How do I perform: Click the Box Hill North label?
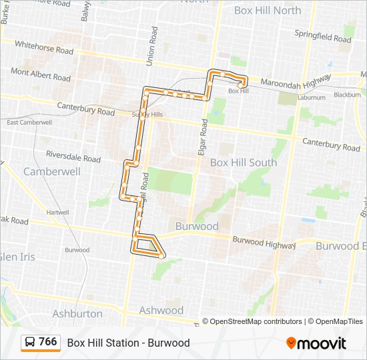[x=267, y=10]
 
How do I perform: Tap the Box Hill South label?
[x=244, y=163]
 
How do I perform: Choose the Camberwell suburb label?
[x=52, y=171]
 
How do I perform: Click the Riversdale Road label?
[x=73, y=157]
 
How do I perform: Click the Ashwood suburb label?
[x=161, y=310]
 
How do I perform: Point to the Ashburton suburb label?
[x=77, y=313]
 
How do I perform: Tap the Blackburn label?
[x=347, y=95]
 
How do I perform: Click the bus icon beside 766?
[x=30, y=343]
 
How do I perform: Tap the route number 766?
[x=47, y=342]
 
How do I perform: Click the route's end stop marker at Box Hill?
[x=240, y=85]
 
